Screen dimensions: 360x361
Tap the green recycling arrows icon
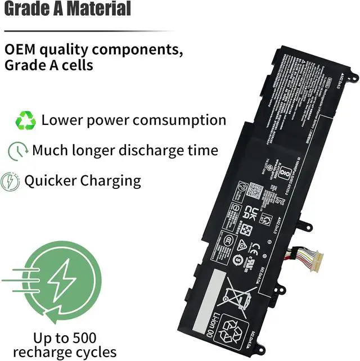click(x=26, y=120)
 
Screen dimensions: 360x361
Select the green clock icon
click(x=18, y=151)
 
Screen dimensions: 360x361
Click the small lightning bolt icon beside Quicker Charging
click(x=10, y=182)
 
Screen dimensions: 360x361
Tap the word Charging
click(x=110, y=181)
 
